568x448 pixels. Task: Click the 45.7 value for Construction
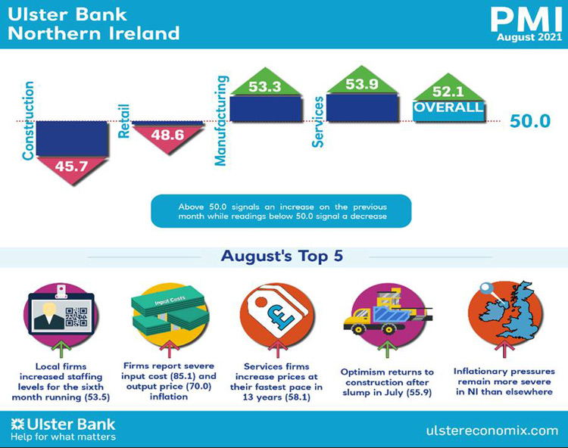[x=71, y=166]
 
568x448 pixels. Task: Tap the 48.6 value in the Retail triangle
[x=167, y=135]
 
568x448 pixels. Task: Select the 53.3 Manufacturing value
[x=265, y=87]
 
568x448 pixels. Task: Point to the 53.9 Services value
[x=361, y=84]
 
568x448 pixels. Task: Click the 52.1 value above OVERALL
[x=448, y=92]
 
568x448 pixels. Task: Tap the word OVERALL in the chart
[x=448, y=107]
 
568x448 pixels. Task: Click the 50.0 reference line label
[x=530, y=121]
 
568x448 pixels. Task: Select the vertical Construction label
[x=28, y=120]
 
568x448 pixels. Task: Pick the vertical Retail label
[x=124, y=121]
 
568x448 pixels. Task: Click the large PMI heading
[x=526, y=20]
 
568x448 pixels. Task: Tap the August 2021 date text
[x=529, y=37]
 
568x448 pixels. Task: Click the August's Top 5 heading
[x=282, y=256]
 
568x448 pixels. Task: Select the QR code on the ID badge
[x=76, y=317]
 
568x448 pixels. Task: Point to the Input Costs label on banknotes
[x=170, y=300]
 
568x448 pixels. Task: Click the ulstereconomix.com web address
[x=492, y=431]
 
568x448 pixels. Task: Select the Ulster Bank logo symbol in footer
[x=17, y=424]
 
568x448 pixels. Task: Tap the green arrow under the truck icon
[x=387, y=348]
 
